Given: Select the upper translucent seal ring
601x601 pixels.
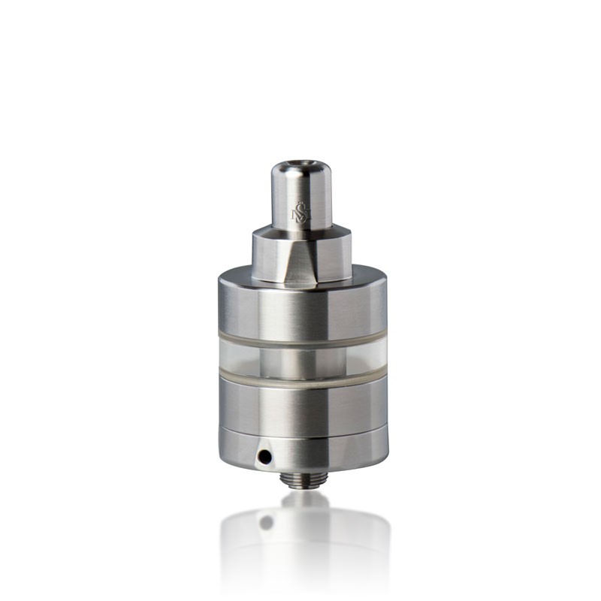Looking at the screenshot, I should pos(300,343).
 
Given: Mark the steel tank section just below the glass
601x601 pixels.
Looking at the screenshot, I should pos(300,402).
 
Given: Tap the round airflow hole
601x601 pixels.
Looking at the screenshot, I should pos(263,455).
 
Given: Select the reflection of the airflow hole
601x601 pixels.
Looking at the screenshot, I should pos(265,521).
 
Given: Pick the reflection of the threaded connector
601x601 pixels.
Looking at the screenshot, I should pos(304,499).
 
